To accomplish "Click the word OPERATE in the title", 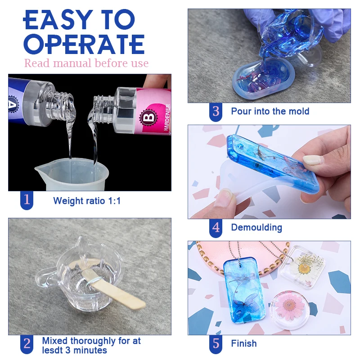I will [84, 44].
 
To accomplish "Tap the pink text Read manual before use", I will [86, 63].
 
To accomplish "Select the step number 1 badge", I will [27, 200].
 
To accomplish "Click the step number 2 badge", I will [27, 344].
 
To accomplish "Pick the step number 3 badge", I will [216, 111].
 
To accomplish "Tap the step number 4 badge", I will [216, 228].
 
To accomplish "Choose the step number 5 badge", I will [216, 344].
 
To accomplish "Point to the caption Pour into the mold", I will [270, 111].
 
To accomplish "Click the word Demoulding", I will [256, 228].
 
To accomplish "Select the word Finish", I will [244, 344].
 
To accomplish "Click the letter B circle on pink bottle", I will [147, 118].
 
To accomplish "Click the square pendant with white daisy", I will [302, 266].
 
